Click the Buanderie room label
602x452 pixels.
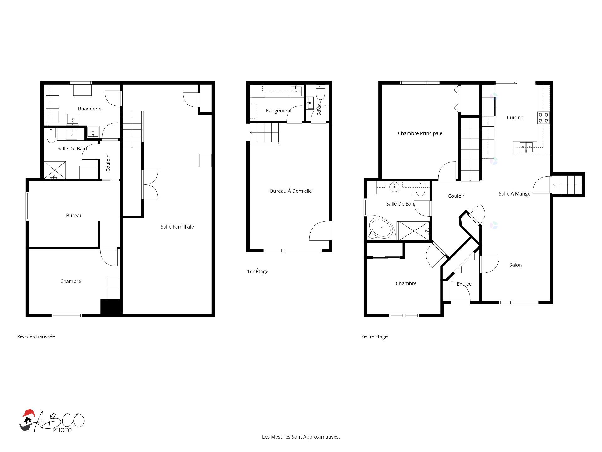point(90,109)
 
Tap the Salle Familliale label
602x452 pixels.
point(177,227)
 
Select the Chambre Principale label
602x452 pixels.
point(420,133)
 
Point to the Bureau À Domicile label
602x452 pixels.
point(291,191)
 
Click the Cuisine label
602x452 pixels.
point(515,118)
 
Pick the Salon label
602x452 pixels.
point(515,265)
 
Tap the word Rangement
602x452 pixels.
point(278,111)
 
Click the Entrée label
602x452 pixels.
point(464,284)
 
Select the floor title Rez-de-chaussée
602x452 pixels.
point(36,336)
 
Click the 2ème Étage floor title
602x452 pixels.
point(374,336)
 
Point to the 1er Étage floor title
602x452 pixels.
point(258,272)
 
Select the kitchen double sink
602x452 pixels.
point(526,147)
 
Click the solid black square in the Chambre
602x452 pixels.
point(111,306)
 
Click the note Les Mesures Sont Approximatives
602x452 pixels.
point(301,437)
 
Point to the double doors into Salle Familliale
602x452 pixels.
point(150,185)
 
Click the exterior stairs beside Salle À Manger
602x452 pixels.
point(567,185)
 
